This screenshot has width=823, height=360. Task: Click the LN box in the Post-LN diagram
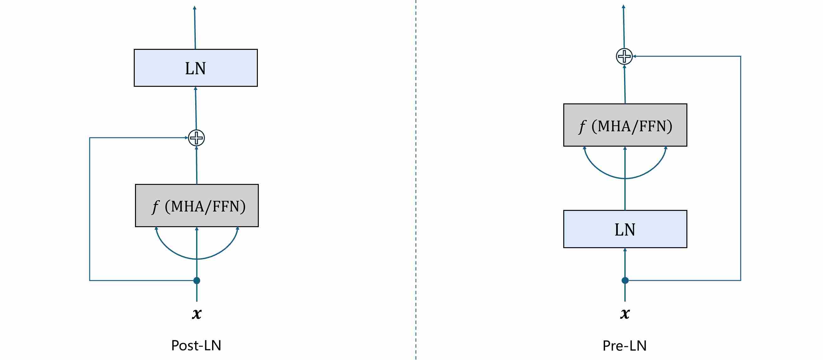pyautogui.click(x=195, y=68)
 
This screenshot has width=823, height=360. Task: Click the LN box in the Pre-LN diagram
pyautogui.click(x=625, y=229)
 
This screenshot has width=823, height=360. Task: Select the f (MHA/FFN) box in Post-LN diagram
pyautogui.click(x=197, y=206)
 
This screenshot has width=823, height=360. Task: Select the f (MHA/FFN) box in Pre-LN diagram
pyautogui.click(x=625, y=125)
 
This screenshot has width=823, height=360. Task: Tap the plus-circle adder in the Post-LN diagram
pyautogui.click(x=196, y=138)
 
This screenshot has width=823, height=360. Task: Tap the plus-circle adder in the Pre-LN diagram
pyautogui.click(x=624, y=56)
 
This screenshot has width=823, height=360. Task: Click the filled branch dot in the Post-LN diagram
pyautogui.click(x=197, y=280)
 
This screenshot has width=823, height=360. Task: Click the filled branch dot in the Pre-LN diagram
pyautogui.click(x=625, y=280)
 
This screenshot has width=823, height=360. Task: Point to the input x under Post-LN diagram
pyautogui.click(x=197, y=313)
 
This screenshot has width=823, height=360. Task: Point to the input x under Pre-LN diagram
pyautogui.click(x=625, y=313)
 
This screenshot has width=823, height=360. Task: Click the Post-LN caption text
pyautogui.click(x=196, y=345)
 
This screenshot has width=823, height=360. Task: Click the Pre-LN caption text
pyautogui.click(x=624, y=346)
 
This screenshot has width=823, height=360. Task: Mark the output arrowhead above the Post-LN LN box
pyautogui.click(x=195, y=8)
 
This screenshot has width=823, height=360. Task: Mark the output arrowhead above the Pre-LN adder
pyautogui.click(x=623, y=7)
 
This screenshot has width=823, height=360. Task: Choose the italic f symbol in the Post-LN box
pyautogui.click(x=155, y=207)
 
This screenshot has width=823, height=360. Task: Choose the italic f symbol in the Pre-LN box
pyautogui.click(x=582, y=127)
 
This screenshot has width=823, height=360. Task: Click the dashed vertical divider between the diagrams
pyautogui.click(x=416, y=179)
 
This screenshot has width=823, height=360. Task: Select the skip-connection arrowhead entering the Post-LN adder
pyautogui.click(x=186, y=138)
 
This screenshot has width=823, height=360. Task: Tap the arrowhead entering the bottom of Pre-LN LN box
pyautogui.click(x=625, y=250)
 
